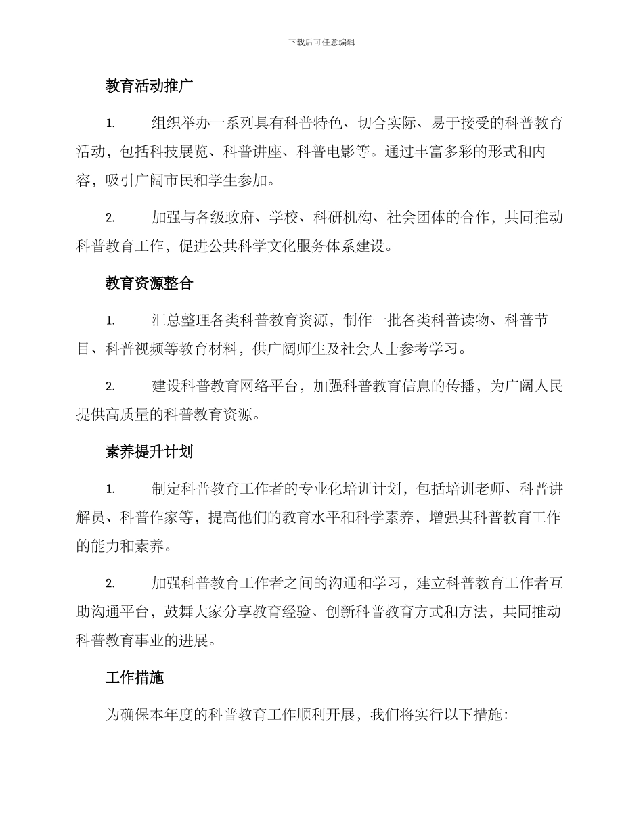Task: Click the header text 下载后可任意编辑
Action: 321,42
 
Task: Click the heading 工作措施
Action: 135,678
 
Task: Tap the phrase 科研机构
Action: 341,218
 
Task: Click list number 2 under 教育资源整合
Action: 110,387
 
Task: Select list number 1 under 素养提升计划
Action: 110,489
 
